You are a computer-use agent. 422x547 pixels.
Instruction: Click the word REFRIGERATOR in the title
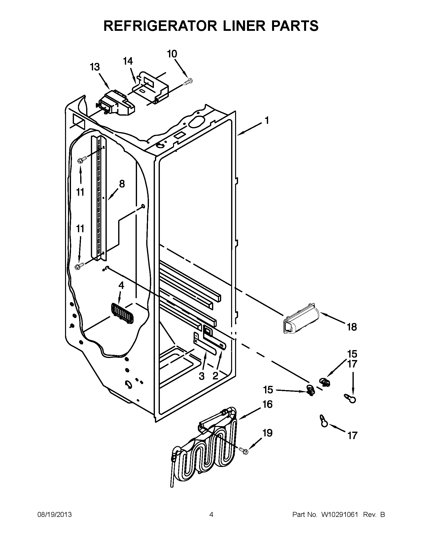click(160, 26)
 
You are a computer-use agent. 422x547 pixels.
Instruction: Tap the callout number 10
click(172, 54)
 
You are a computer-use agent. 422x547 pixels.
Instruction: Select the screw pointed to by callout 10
click(189, 82)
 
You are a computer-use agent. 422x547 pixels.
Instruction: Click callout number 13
click(95, 67)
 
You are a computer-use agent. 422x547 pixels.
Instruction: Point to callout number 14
click(128, 61)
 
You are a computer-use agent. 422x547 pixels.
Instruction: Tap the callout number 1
click(267, 121)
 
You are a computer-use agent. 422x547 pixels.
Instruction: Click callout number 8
click(122, 184)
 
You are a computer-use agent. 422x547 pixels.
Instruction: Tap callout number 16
click(268, 404)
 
